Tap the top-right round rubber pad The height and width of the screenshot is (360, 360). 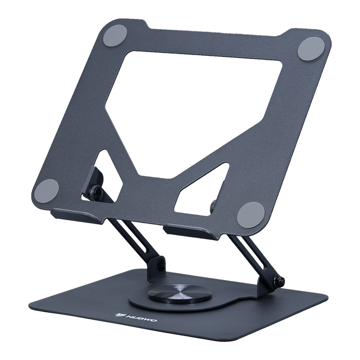point(309,49)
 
